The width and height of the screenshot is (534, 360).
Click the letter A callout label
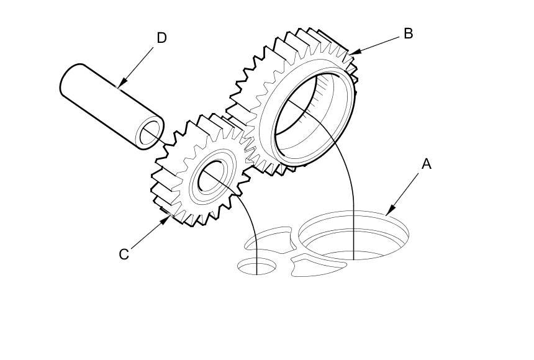(427, 164)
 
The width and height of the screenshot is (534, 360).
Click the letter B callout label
(408, 34)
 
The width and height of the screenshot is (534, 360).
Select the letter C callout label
(124, 254)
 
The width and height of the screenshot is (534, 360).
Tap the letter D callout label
(161, 38)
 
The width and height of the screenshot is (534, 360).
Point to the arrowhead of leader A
(390, 211)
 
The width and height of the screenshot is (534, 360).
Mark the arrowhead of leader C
(165, 220)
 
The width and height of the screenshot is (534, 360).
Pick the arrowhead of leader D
(122, 83)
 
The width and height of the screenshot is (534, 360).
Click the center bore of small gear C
(210, 176)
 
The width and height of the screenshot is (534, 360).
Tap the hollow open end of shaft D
(150, 132)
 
